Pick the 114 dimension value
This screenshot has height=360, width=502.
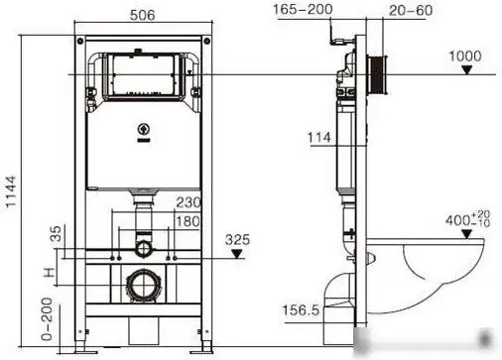319,139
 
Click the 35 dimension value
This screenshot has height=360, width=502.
56,236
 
